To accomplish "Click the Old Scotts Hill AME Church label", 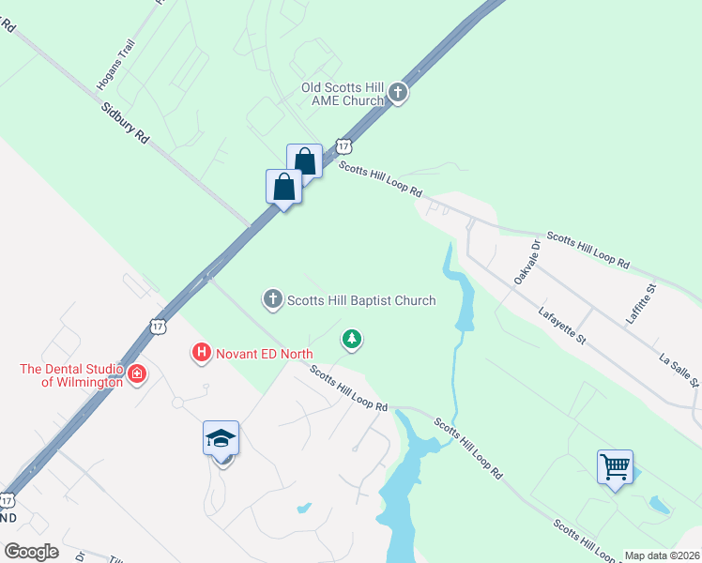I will coord(343,94).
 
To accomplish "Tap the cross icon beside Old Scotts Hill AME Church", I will coord(398,93).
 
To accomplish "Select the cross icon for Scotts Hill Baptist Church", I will coord(272,300).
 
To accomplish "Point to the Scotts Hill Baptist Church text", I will coord(361,300).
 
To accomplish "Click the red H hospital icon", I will coord(200,353).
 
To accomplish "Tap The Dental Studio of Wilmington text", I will coord(71,375).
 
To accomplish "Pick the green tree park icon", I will coord(352,338).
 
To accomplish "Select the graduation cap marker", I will coord(221,438).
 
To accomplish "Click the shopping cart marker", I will coord(615,466).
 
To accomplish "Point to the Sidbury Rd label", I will coord(126,123).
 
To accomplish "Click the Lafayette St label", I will coord(562,326).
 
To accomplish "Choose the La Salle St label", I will coord(679,370).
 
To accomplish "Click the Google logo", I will coord(31,551).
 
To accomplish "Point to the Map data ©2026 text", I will coord(661,555).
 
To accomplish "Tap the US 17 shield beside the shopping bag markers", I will coord(344,146).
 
